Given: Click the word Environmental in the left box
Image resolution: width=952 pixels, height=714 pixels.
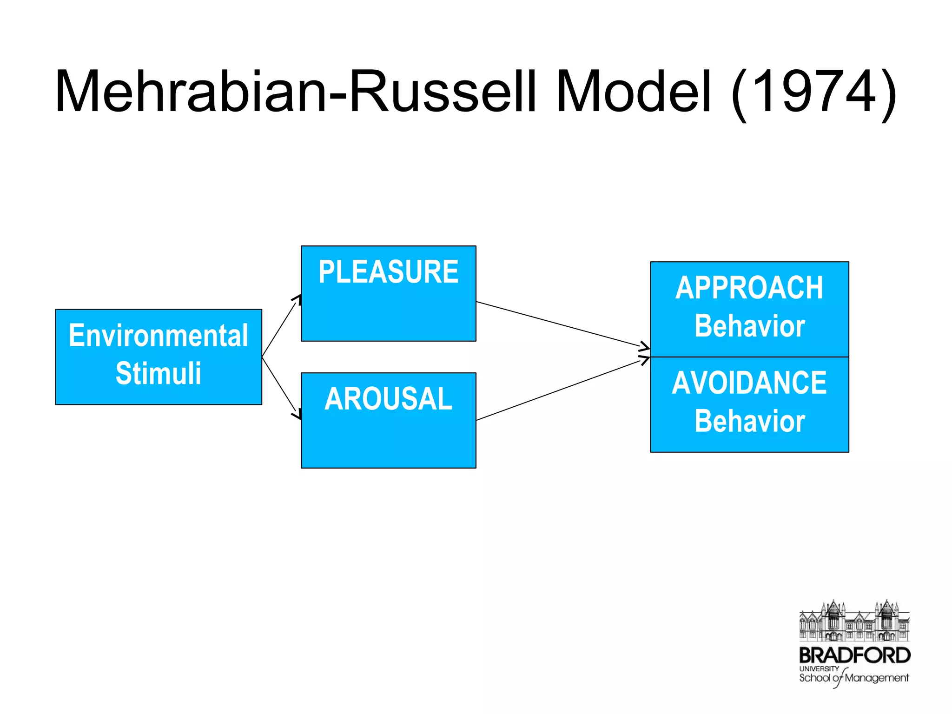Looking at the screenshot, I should (159, 336).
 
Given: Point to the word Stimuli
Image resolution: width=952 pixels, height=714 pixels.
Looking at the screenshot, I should (159, 373).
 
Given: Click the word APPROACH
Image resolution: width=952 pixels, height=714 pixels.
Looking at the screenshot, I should (749, 288).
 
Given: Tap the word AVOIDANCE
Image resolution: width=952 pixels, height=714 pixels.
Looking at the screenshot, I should (749, 383).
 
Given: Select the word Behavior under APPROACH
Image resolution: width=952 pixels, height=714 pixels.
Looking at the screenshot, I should (749, 326).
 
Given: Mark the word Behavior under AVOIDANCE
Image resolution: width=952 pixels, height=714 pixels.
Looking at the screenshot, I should (749, 421).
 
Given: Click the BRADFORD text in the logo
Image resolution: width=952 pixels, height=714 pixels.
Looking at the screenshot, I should (854, 655).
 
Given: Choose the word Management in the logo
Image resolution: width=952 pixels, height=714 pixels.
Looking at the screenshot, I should (876, 678).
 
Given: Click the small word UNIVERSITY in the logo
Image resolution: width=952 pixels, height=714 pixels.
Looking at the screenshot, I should (819, 668).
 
